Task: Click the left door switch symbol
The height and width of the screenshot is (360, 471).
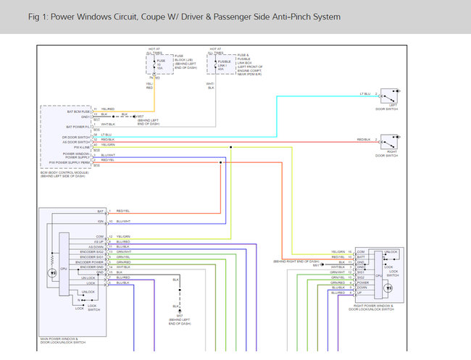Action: pos(390,95)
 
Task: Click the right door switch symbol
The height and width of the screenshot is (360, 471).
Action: pos(390,140)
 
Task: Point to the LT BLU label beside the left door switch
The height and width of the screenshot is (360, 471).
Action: pos(364,94)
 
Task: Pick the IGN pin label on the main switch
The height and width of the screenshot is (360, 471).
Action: pos(101,220)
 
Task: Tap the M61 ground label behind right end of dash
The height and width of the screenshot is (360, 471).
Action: pos(317,265)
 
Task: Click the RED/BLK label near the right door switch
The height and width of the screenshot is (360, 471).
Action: pos(364,139)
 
